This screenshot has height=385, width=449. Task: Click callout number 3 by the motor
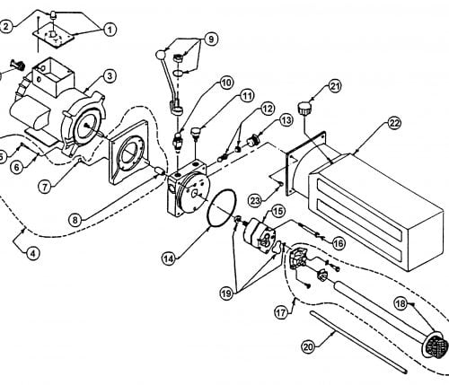(110, 76)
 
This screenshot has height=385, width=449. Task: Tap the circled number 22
(394, 123)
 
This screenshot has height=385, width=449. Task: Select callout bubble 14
(169, 258)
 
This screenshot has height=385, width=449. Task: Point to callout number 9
(211, 39)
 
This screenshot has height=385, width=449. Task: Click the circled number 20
(308, 347)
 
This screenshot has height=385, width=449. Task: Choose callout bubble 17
(281, 312)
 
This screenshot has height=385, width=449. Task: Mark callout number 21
(335, 86)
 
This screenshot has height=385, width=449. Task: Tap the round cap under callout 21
(304, 108)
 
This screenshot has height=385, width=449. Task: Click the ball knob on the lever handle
(161, 55)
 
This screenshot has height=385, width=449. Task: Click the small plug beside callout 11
(197, 133)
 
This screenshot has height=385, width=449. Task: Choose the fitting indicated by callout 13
(253, 140)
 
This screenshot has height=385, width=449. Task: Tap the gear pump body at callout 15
(260, 236)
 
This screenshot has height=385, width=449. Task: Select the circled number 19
(226, 293)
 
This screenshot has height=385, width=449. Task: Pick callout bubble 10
(226, 83)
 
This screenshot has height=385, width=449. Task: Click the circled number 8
(75, 220)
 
